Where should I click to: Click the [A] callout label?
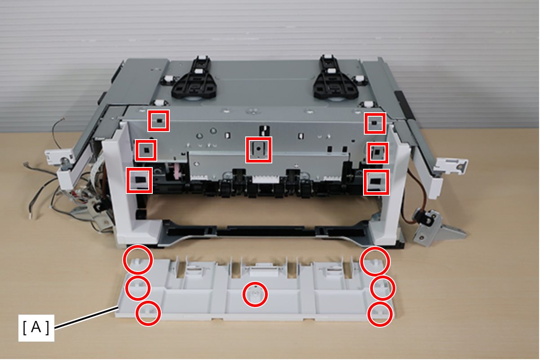click(x=36, y=328)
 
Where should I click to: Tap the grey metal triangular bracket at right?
click(x=438, y=229)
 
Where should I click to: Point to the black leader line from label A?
click(x=86, y=318)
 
